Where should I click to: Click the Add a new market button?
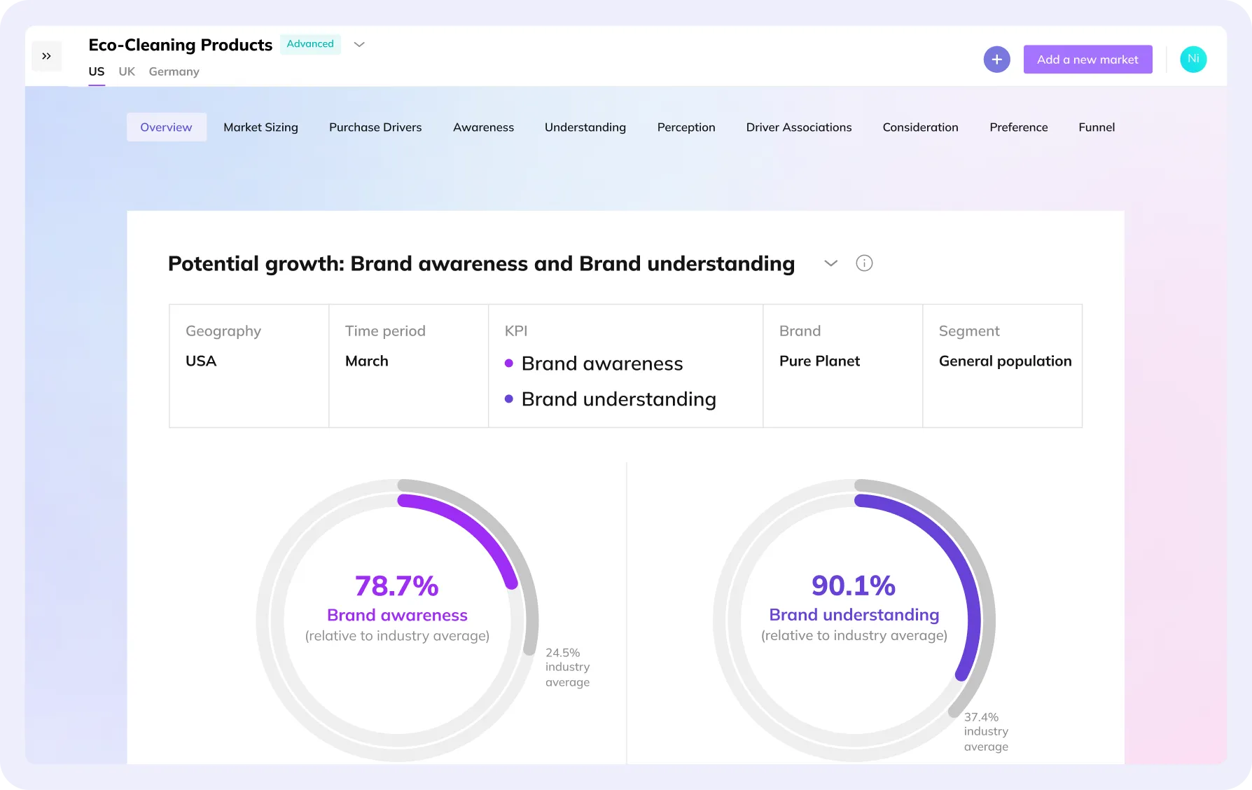click(1087, 60)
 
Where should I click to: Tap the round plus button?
click(996, 60)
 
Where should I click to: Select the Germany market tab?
click(174, 71)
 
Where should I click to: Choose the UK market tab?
click(127, 71)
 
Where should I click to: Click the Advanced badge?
click(310, 44)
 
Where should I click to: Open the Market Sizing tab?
click(260, 127)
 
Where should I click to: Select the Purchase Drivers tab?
click(375, 127)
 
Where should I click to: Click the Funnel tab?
click(1097, 127)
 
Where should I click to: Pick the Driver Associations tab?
click(799, 127)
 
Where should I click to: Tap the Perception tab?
click(686, 127)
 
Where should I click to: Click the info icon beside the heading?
click(864, 263)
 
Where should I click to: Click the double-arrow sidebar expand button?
click(47, 56)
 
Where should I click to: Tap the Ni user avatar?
click(1193, 60)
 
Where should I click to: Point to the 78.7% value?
click(396, 586)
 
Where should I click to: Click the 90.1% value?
click(854, 586)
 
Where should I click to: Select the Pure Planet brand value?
click(819, 361)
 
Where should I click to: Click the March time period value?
click(366, 361)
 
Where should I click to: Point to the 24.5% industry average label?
click(567, 667)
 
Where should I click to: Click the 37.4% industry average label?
click(986, 732)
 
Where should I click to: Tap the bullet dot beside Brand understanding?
click(509, 399)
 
